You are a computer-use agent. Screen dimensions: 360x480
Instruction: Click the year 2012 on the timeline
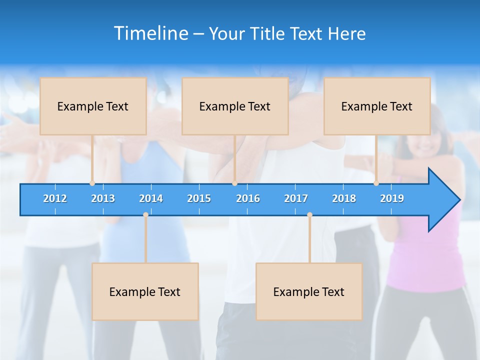55,199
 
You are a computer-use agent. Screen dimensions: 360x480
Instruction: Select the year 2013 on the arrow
103,199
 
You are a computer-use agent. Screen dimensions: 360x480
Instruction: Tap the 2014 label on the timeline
151,199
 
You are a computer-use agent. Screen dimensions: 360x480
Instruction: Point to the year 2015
199,199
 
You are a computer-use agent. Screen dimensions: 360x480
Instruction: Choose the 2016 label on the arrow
248,199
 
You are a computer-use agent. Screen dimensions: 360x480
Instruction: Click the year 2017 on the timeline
296,199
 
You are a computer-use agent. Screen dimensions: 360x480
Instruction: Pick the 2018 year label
344,199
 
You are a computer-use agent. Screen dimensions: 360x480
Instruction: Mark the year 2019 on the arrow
392,199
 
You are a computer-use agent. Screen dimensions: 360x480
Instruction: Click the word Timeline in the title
151,33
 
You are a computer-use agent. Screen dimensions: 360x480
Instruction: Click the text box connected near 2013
93,106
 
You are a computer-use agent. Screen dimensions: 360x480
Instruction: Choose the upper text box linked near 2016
235,106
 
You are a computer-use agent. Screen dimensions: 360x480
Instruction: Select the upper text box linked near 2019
377,106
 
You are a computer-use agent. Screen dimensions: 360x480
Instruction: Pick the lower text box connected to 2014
145,292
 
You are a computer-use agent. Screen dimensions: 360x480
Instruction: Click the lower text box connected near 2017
309,292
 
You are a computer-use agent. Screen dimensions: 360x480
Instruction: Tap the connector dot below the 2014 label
145,215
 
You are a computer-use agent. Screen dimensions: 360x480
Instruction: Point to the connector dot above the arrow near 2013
92,183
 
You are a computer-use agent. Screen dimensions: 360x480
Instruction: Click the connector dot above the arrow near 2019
376,183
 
